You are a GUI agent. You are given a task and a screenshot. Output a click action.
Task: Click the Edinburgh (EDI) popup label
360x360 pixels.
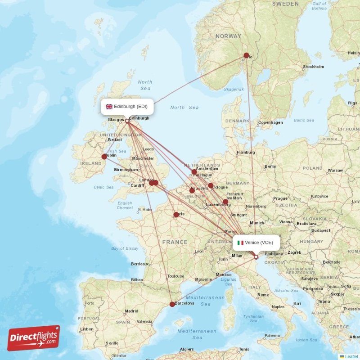[127, 107]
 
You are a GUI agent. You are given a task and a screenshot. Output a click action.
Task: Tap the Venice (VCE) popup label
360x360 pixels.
[256, 243]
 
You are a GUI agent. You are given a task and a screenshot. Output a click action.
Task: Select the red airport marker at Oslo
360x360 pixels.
[246, 55]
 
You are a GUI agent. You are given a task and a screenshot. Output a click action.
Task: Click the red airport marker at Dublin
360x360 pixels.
[104, 157]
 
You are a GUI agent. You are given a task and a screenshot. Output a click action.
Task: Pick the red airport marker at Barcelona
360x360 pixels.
[172, 304]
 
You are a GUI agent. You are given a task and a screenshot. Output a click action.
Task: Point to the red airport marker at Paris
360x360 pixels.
[176, 215]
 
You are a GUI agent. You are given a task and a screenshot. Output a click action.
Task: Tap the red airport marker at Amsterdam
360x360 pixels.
[194, 172]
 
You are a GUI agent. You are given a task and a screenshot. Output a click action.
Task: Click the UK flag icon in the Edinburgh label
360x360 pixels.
[109, 107]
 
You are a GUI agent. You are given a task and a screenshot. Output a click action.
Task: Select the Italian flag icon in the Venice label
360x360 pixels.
[241, 243]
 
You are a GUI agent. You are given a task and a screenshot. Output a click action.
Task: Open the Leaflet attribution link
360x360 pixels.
[351, 356]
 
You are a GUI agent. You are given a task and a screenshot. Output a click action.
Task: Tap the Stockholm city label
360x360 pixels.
[314, 67]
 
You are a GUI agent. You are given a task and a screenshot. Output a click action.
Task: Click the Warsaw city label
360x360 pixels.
[335, 171]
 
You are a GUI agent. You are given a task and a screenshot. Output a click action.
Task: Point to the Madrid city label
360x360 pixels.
[131, 311]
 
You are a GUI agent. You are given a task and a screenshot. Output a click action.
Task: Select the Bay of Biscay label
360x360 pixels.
[125, 248]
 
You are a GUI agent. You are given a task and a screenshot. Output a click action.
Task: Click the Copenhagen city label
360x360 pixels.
[270, 122]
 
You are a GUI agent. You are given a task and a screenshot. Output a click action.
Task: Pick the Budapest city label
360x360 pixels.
[320, 230]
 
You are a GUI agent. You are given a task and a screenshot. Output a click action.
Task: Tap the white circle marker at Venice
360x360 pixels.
[256, 257]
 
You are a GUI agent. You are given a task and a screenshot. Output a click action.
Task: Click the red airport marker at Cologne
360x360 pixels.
[211, 185]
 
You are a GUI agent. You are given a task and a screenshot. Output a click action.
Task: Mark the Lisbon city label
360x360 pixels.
[87, 329]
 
